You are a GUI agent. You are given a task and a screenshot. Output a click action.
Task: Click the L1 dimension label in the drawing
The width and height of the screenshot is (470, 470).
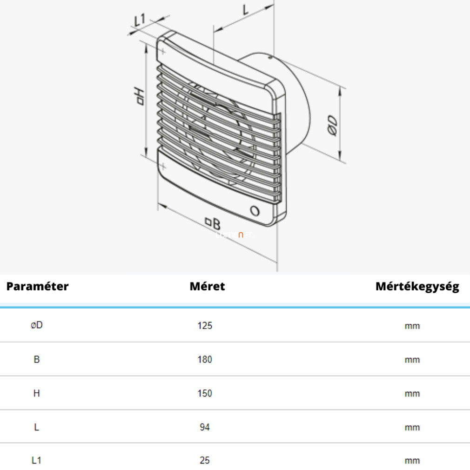(x=140, y=20)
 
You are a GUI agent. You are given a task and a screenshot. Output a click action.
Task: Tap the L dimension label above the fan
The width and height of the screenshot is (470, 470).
(x=246, y=10)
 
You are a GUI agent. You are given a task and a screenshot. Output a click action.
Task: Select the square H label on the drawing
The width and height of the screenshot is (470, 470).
(x=140, y=96)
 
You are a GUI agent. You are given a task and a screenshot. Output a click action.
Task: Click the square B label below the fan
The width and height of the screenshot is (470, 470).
(x=213, y=223)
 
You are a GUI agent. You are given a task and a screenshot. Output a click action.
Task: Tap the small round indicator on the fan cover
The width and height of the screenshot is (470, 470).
(x=255, y=211)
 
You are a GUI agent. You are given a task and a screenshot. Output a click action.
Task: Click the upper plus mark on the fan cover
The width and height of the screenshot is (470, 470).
(x=162, y=52)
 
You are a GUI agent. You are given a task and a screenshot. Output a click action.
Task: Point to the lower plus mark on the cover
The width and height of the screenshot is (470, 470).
(x=163, y=166)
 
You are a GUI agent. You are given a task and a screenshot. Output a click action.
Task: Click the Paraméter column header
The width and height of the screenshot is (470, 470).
(x=38, y=286)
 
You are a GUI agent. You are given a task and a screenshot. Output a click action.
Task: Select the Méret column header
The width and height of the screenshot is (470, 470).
(x=207, y=286)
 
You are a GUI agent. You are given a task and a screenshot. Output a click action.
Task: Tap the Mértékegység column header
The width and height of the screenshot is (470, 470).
(x=417, y=287)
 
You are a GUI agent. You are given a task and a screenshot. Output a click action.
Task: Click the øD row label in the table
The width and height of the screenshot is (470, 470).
(x=37, y=325)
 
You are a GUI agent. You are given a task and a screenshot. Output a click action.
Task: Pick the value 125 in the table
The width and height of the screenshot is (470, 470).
(x=205, y=326)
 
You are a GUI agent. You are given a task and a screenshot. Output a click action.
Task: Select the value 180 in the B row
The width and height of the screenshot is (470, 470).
(x=205, y=359)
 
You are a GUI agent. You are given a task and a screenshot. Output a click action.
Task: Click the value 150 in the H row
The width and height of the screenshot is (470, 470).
(x=205, y=393)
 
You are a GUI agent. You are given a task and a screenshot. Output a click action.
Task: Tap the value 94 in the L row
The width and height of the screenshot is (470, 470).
(x=205, y=427)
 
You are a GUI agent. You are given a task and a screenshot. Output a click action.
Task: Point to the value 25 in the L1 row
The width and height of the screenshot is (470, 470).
(x=205, y=460)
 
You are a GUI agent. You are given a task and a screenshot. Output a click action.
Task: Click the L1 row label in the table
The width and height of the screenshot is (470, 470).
(x=37, y=460)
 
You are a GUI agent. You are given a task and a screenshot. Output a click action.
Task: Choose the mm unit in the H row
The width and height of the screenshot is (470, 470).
(x=412, y=394)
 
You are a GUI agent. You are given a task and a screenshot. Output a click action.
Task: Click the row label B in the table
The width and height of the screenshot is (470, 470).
(x=37, y=359)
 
